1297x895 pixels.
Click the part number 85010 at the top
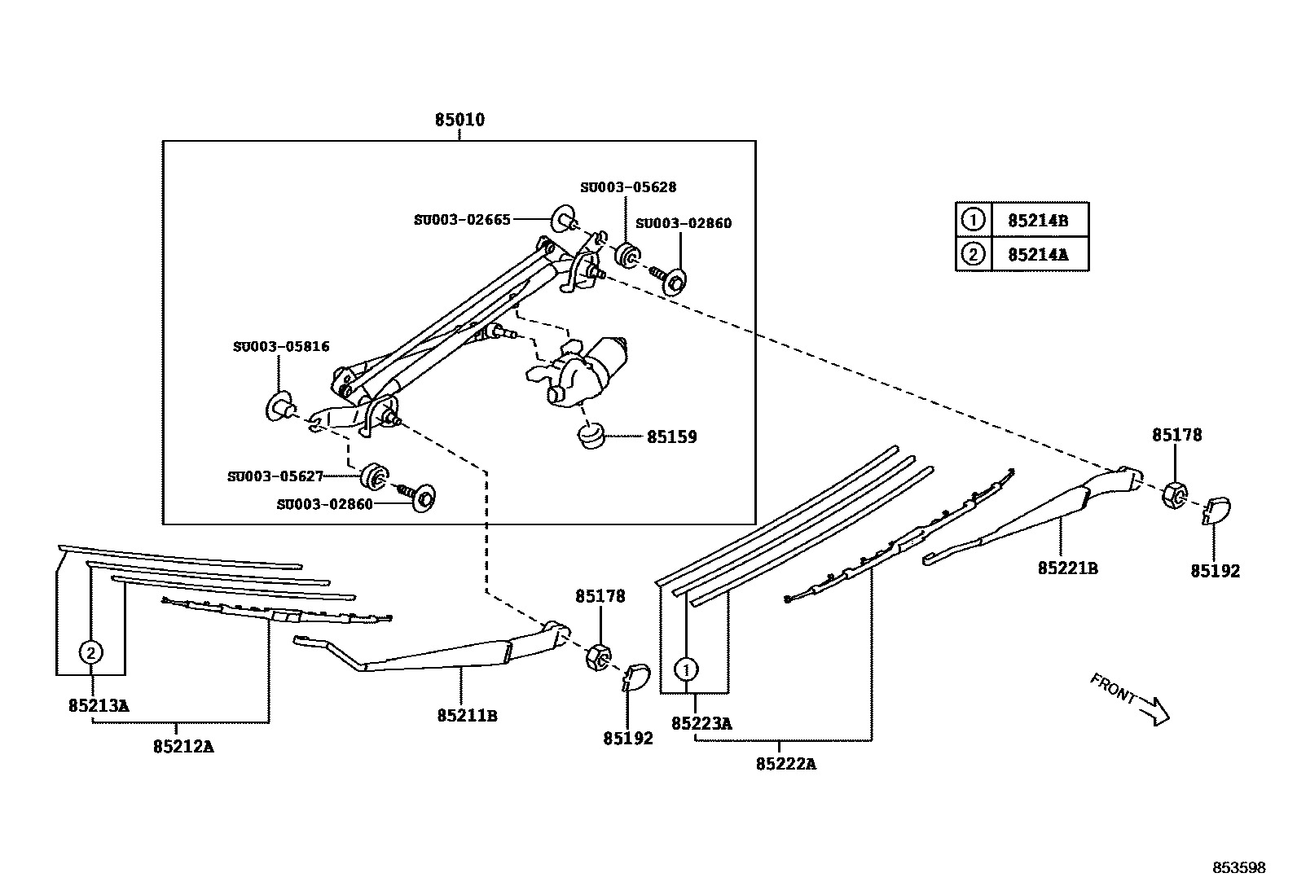tap(459, 121)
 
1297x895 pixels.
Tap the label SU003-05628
tap(627, 187)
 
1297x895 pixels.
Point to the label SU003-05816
tap(281, 347)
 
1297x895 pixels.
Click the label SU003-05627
tap(275, 476)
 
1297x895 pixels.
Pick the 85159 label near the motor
tap(671, 437)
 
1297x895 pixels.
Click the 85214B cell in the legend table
tap(1037, 221)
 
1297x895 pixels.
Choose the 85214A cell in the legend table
tap(1037, 255)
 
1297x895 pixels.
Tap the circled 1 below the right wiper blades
tap(686, 670)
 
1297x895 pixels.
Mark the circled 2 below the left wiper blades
tap(91, 652)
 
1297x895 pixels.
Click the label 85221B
tap(1067, 568)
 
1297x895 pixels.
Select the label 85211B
tap(467, 716)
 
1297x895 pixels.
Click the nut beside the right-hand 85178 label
tap(1174, 494)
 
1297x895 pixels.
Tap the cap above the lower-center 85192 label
tap(637, 675)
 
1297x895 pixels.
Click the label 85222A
tap(785, 764)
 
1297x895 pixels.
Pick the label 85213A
tap(99, 706)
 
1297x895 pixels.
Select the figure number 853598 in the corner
tap(1238, 868)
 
